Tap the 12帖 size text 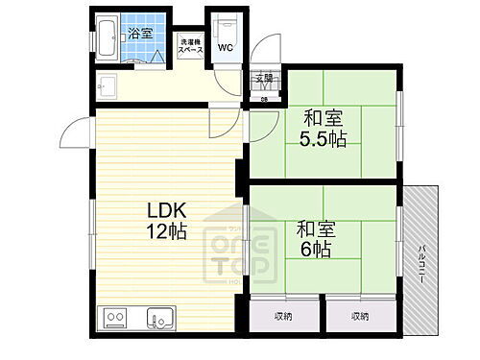(166, 231)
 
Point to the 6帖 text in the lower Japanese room (314, 249)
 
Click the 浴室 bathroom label (141, 32)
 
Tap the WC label (226, 46)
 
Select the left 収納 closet (284, 315)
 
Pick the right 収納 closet (359, 315)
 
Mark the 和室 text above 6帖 (314, 229)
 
